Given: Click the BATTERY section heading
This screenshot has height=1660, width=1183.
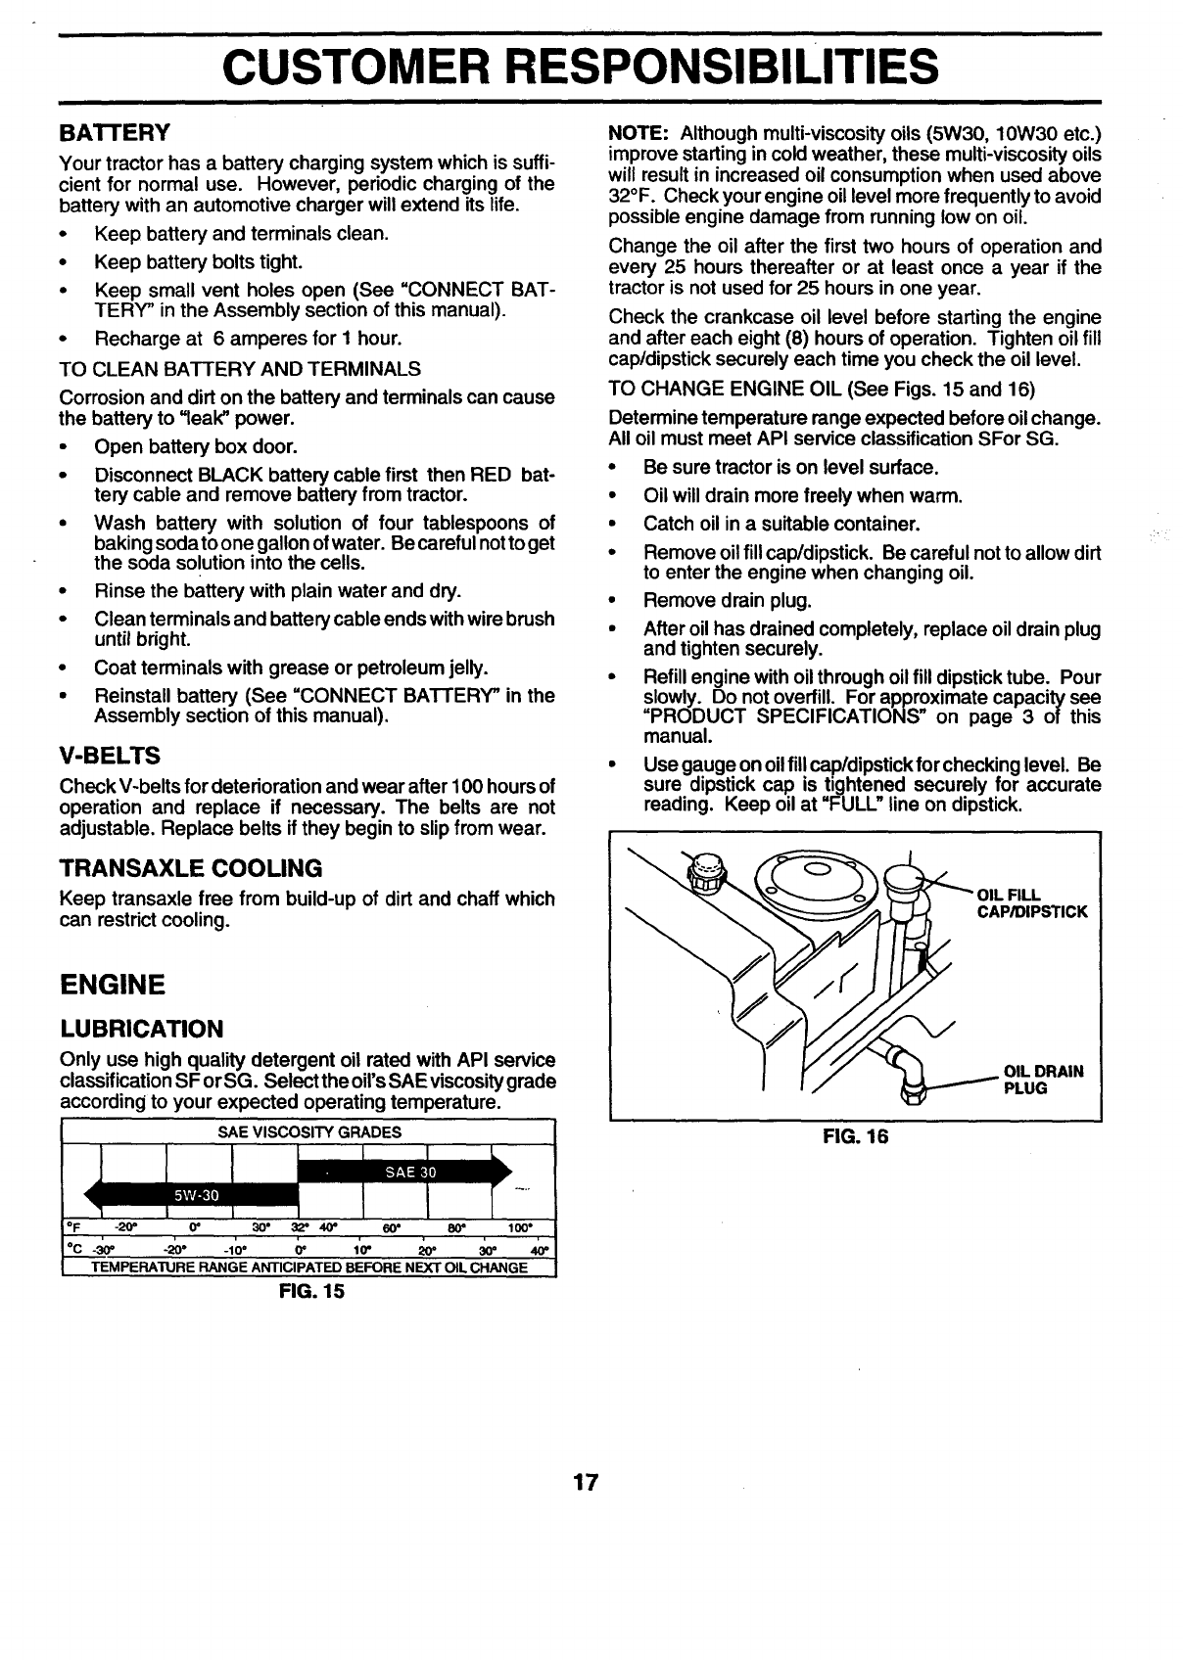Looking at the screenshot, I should tap(116, 132).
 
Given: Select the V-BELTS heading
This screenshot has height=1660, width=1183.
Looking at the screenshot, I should tap(110, 756).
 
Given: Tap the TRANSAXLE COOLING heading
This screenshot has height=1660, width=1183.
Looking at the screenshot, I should tap(191, 868).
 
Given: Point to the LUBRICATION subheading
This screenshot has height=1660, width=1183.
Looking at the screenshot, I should tap(141, 1029).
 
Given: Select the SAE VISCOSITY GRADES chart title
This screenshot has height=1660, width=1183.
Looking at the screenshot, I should tap(308, 1132).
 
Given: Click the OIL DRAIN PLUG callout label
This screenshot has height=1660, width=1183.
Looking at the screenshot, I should tap(1044, 1079).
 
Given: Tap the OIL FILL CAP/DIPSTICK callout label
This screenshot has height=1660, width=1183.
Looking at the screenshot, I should tap(1030, 903).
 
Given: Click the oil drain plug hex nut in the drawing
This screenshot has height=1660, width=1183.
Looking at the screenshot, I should tap(914, 1088).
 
